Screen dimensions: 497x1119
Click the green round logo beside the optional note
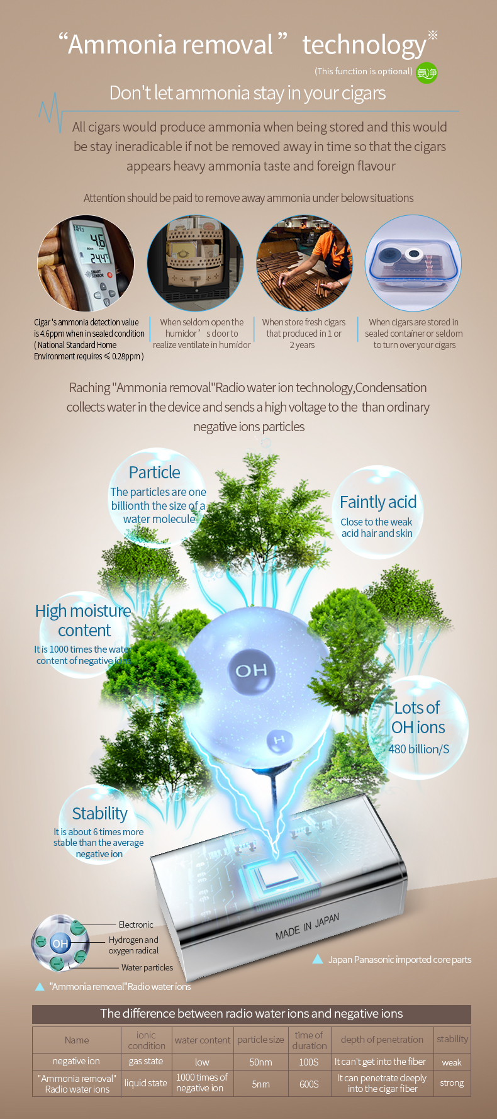pyautogui.click(x=427, y=73)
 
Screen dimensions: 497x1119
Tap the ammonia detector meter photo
pyautogui.click(x=86, y=263)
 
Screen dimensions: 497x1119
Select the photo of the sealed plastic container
pyautogui.click(x=413, y=263)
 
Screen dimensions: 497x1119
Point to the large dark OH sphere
pyautogui.click(x=251, y=670)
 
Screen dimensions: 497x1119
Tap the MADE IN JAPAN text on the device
pyautogui.click(x=307, y=926)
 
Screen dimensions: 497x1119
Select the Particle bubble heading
pyautogui.click(x=155, y=472)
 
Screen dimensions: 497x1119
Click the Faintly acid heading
pyautogui.click(x=378, y=502)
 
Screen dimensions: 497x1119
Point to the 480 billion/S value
pyautogui.click(x=419, y=749)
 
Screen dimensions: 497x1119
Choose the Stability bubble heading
pyautogui.click(x=99, y=813)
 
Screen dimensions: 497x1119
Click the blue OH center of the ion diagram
pyautogui.click(x=60, y=943)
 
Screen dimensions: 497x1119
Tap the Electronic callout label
pyautogui.click(x=136, y=925)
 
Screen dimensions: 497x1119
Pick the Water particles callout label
pyautogui.click(x=147, y=967)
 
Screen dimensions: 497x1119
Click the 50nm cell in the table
pyautogui.click(x=260, y=1062)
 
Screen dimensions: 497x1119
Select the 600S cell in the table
pyautogui.click(x=309, y=1084)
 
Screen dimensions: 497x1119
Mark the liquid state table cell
pyautogui.click(x=146, y=1083)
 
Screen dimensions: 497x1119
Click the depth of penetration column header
pyautogui.click(x=382, y=1040)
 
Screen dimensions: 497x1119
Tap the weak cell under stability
pyautogui.click(x=452, y=1062)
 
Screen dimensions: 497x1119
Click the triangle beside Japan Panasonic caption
pyautogui.click(x=318, y=959)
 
